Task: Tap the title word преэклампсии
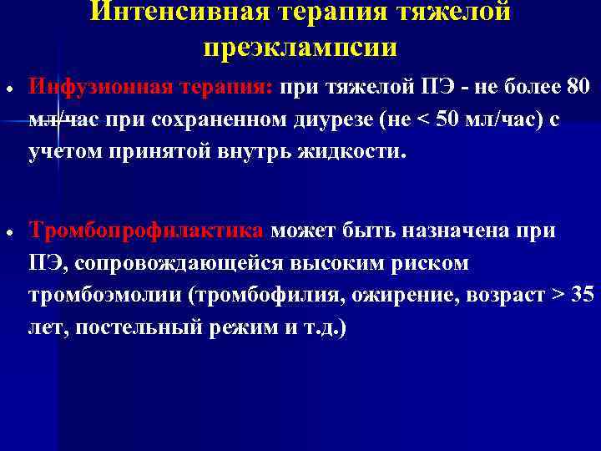pyautogui.click(x=300, y=48)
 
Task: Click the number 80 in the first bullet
pyautogui.click(x=577, y=86)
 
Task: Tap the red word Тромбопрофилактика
pyautogui.click(x=147, y=230)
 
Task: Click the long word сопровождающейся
pyautogui.click(x=181, y=263)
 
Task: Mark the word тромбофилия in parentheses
pyautogui.click(x=264, y=295)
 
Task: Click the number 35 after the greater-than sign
pyautogui.click(x=584, y=295)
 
